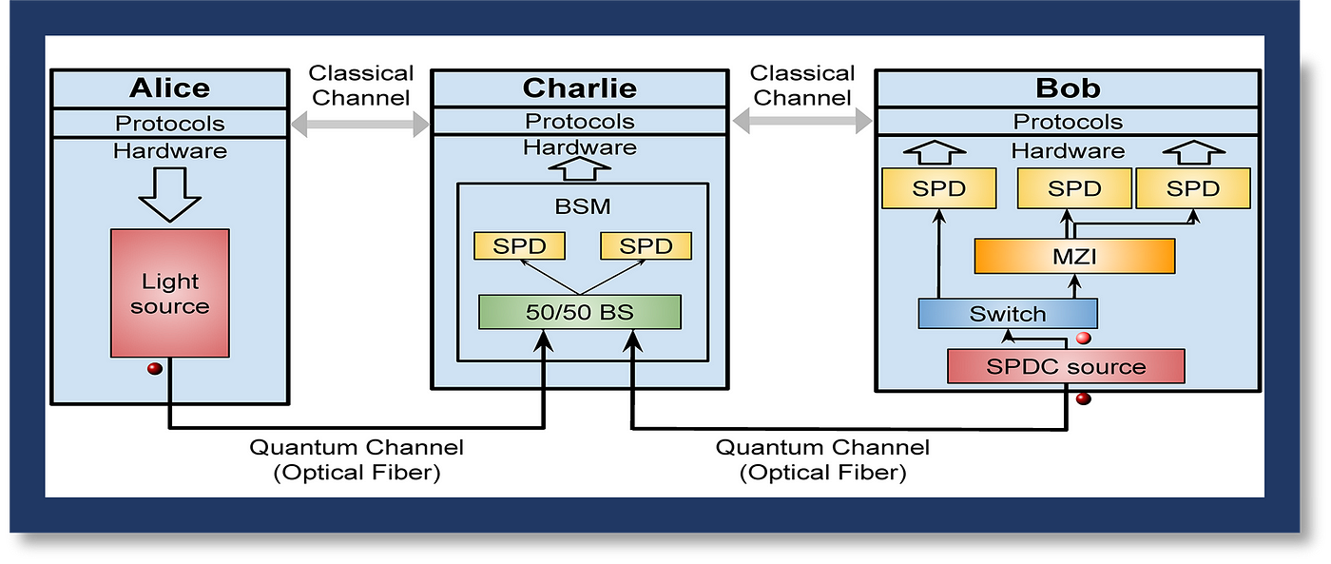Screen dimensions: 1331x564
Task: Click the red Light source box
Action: (x=170, y=293)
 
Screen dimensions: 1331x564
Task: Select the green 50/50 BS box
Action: (x=580, y=312)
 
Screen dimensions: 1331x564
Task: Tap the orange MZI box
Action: (x=1074, y=256)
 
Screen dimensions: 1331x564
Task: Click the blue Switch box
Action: (x=1008, y=314)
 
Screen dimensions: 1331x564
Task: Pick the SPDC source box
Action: (x=1066, y=366)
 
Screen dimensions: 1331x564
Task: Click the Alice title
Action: (x=170, y=88)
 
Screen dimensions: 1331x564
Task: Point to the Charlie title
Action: (x=580, y=88)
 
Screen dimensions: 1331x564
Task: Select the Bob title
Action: (x=1068, y=88)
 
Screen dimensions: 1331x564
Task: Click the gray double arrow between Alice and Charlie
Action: (x=360, y=125)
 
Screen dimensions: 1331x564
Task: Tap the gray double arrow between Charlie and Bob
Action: (x=802, y=121)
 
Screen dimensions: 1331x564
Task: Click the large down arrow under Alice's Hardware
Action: (x=170, y=194)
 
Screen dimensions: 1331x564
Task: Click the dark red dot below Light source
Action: (x=154, y=368)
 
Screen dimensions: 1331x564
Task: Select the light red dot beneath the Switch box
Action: (x=1083, y=339)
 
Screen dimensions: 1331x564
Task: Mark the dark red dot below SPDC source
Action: (x=1083, y=399)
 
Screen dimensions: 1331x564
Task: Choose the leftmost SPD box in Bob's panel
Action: (x=939, y=188)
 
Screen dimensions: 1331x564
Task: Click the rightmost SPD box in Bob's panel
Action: (x=1193, y=188)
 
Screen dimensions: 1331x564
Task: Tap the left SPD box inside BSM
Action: (x=519, y=246)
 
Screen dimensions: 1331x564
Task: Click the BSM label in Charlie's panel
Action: (x=582, y=206)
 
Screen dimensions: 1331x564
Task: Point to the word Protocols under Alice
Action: (x=170, y=124)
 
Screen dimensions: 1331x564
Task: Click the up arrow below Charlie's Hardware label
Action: (x=579, y=168)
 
